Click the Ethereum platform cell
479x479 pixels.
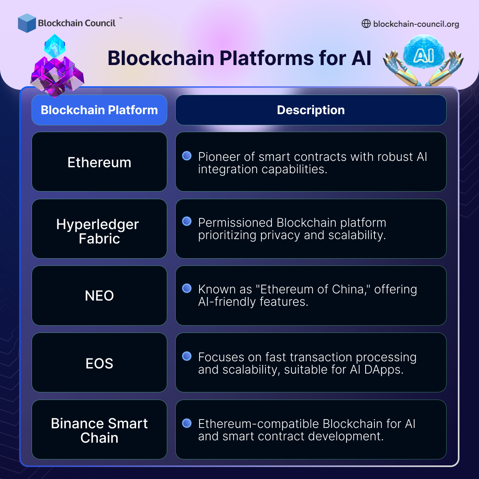click(99, 162)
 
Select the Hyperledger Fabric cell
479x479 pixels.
click(99, 229)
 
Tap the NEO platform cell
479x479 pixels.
click(99, 296)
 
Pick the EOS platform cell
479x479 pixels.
click(99, 363)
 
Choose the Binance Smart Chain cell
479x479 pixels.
click(99, 430)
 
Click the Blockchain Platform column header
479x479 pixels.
click(99, 110)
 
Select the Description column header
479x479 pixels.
click(311, 110)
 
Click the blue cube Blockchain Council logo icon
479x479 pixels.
click(27, 23)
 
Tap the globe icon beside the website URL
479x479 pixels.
click(366, 24)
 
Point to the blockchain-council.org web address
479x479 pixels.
click(416, 24)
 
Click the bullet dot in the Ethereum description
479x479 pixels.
click(187, 156)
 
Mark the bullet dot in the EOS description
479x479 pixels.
click(187, 356)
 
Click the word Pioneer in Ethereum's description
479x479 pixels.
click(219, 157)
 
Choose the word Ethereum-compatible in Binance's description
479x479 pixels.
click(259, 424)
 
